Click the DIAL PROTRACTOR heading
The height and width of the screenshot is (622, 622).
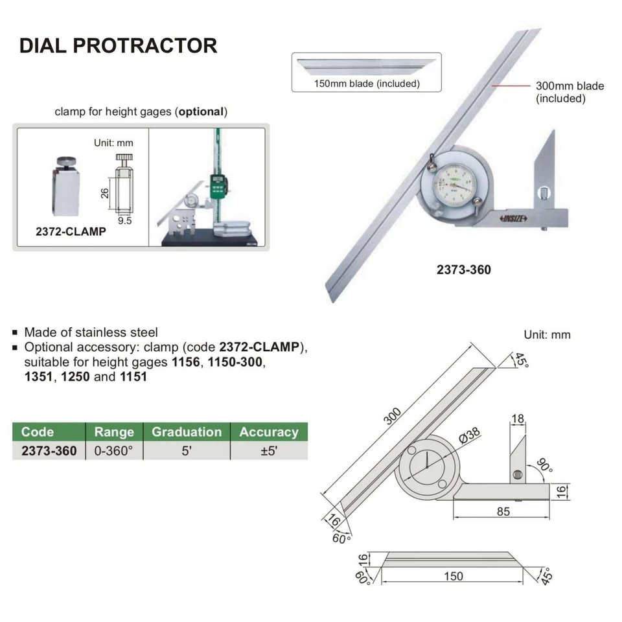tap(118, 45)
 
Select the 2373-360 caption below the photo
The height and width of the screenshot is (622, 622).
tap(463, 270)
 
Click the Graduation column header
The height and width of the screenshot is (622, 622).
tap(187, 432)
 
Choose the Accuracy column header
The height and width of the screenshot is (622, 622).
tap(269, 432)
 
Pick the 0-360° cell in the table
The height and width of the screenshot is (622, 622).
tap(113, 451)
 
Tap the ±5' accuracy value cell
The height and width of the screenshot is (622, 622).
tap(269, 451)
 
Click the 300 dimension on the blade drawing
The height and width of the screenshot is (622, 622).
tap(393, 415)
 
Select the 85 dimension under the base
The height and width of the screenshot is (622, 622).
tap(503, 511)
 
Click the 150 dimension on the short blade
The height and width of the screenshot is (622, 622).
tap(454, 575)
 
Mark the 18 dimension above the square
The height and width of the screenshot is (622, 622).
tap(517, 419)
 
